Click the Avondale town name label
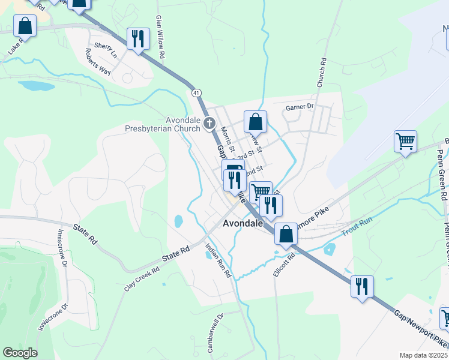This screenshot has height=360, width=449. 243,223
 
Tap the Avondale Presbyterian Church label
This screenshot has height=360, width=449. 163,124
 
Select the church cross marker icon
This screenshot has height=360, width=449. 209,124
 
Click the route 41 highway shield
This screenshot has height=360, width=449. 196,93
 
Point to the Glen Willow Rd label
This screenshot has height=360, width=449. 160,37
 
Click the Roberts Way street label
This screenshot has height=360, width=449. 98,62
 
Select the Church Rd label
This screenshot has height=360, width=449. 321,70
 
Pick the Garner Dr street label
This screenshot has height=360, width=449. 300,107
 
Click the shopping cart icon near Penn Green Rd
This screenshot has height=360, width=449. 406,142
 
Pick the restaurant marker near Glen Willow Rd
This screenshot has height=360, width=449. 139,39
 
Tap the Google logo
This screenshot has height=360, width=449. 20,353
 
